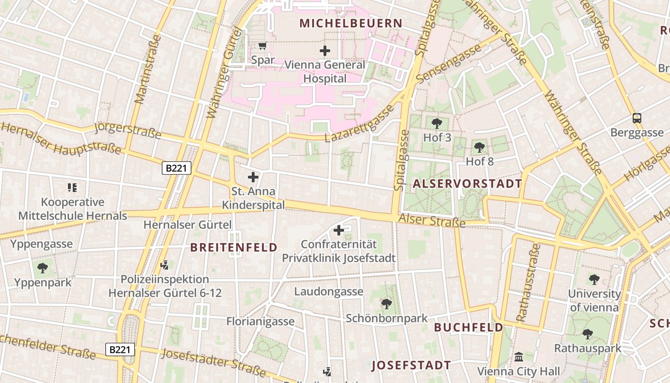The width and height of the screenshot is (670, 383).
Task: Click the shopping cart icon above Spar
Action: click(262, 46)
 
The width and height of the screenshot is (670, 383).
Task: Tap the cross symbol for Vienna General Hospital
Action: click(325, 50)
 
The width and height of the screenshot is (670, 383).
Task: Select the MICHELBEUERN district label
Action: click(351, 23)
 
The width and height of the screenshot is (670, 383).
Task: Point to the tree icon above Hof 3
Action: click(437, 124)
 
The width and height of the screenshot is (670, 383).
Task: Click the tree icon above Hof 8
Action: click(480, 147)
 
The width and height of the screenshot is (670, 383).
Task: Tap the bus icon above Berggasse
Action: click(637, 118)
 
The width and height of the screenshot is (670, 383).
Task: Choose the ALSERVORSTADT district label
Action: click(467, 183)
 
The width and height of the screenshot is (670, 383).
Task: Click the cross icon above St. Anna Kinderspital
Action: click(253, 178)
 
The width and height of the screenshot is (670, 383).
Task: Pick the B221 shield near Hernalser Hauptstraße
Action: click(177, 168)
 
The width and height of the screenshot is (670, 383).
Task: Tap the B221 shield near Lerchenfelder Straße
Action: click(120, 349)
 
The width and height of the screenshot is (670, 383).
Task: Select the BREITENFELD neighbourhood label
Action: click(234, 247)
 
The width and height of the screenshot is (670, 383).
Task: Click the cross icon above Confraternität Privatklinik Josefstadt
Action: click(339, 231)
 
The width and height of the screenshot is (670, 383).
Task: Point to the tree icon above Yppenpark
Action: click(43, 268)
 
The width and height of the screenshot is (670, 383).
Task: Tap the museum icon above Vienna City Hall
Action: click(519, 357)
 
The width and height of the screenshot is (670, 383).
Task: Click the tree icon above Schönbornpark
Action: click(387, 304)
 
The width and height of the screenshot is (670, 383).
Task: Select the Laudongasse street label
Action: click(328, 292)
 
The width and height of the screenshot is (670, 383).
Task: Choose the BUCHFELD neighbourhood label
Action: click(468, 327)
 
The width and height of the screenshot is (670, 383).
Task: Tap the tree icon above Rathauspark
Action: click(588, 334)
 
